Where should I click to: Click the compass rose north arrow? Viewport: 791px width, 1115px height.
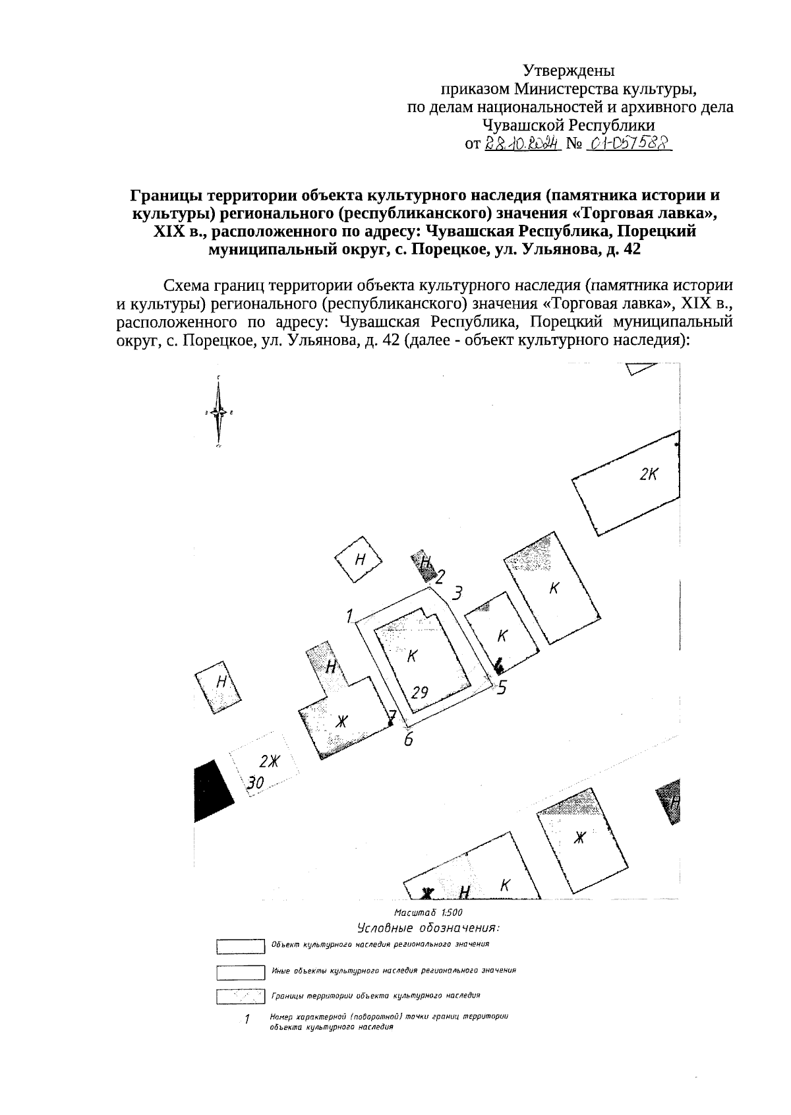pyautogui.click(x=220, y=411)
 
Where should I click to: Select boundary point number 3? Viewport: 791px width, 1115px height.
pyautogui.click(x=457, y=592)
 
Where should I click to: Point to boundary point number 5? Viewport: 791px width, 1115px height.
pyautogui.click(x=502, y=688)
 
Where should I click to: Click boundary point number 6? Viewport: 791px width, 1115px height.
pyautogui.click(x=409, y=739)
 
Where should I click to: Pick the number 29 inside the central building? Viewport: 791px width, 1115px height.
pyautogui.click(x=421, y=692)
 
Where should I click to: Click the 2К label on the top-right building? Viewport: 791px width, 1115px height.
pyautogui.click(x=649, y=474)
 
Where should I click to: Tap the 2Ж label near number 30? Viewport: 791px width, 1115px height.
pyautogui.click(x=269, y=762)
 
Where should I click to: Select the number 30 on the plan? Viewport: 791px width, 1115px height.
pyautogui.click(x=255, y=783)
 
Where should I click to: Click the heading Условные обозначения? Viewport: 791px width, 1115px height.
pyautogui.click(x=428, y=928)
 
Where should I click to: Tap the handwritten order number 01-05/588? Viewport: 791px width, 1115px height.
pyautogui.click(x=628, y=143)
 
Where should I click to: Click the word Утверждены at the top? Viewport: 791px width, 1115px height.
pyautogui.click(x=569, y=69)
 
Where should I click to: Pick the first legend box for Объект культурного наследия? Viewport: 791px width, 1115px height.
pyautogui.click(x=241, y=947)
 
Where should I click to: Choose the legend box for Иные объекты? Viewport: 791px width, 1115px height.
pyautogui.click(x=241, y=972)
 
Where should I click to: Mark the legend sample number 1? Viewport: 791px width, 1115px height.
pyautogui.click(x=247, y=1020)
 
